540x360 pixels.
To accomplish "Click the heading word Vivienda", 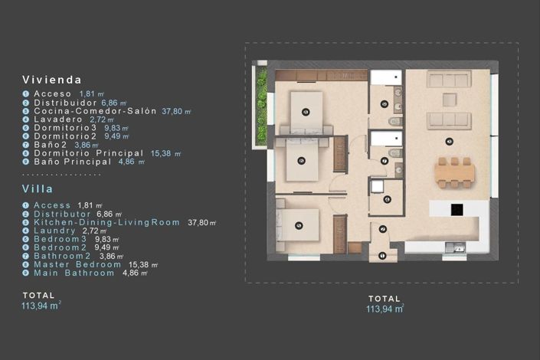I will [52, 80].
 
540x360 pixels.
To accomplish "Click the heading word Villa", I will [38, 188].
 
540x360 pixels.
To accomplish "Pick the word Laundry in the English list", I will [54, 231].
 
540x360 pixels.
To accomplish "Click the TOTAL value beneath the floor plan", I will [385, 309].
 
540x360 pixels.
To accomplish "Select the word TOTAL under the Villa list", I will [39, 295].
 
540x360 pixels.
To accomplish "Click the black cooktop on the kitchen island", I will [457, 208].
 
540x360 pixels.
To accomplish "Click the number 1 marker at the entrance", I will [382, 255].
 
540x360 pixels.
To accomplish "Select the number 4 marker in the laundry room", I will [388, 199].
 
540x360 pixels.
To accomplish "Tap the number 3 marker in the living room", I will [448, 140].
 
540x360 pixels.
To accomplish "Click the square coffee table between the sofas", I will [449, 99].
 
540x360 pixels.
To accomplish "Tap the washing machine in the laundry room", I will [377, 186].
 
